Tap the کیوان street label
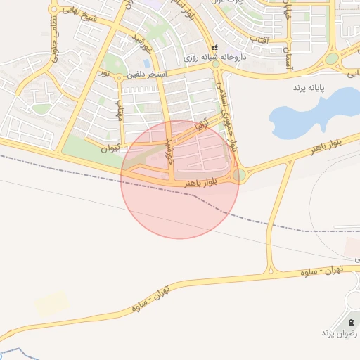(110, 148)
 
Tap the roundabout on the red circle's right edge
(239, 174)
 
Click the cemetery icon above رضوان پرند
(351, 322)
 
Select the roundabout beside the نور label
(119, 77)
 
